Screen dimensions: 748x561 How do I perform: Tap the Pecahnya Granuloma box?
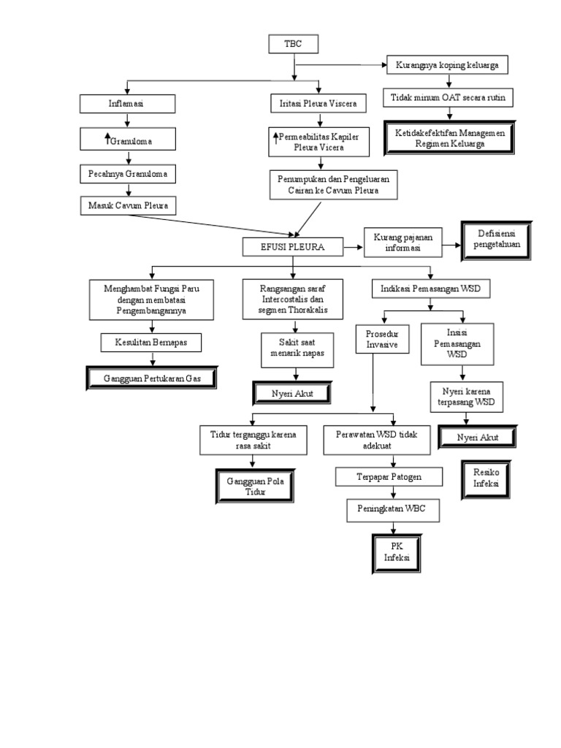click(x=129, y=175)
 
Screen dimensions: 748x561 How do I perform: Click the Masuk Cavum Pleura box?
click(x=129, y=206)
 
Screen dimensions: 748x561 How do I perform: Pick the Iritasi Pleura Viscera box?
click(x=313, y=104)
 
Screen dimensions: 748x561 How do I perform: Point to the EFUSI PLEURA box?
click(x=293, y=248)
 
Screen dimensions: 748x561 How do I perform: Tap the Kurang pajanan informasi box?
click(x=402, y=243)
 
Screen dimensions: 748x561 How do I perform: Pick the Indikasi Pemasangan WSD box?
click(x=430, y=289)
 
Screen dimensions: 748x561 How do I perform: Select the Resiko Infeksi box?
click(x=486, y=479)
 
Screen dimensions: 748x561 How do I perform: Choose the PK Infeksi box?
click(x=397, y=553)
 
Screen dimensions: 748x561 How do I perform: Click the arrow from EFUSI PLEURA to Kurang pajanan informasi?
click(x=354, y=248)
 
